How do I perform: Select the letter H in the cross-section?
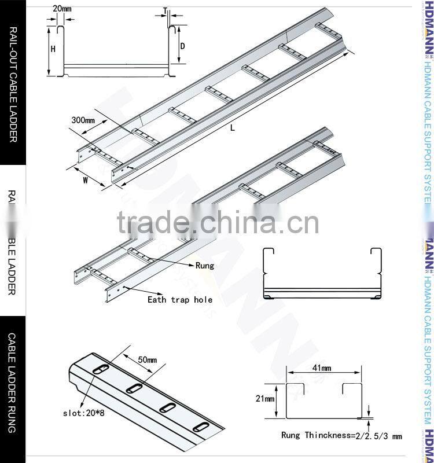pos(53,49)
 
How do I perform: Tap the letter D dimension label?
pos(182,46)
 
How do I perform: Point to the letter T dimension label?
pos(165,10)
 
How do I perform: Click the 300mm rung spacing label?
pos(83,120)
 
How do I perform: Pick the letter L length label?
pos(233,128)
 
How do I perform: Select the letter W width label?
pos(85,180)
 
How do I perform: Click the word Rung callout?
pos(205,266)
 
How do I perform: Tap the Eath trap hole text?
pos(180,300)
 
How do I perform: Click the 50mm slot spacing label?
pos(148,360)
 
